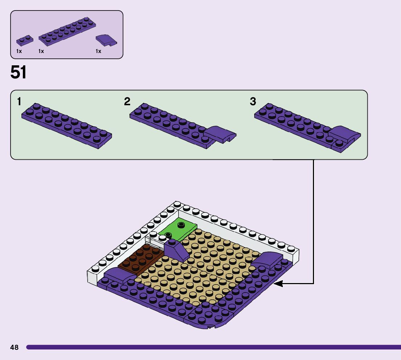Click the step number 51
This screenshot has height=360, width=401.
[x=18, y=73]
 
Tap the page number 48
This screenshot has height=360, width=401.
[x=14, y=347]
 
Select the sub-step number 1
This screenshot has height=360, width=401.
[x=19, y=102]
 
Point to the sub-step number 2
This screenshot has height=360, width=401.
[x=127, y=102]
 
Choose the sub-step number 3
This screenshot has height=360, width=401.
[x=253, y=101]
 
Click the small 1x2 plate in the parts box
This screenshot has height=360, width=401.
[x=24, y=39]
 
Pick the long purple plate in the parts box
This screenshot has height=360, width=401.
[x=67, y=30]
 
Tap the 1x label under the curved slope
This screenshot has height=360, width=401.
[x=98, y=51]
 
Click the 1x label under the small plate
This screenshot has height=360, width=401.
[x=19, y=51]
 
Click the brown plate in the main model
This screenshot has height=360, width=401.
[x=141, y=259]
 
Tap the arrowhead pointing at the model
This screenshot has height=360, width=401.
[x=278, y=283]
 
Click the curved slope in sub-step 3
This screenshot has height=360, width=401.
[x=344, y=134]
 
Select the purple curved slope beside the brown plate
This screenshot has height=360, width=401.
[x=119, y=275]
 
